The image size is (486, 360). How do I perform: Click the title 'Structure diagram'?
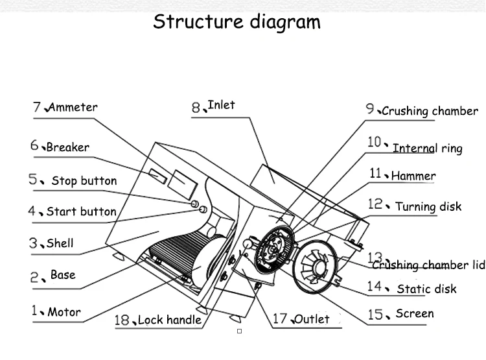(237, 21)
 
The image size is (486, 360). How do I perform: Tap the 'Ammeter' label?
(73, 108)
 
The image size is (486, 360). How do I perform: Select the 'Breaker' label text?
(68, 147)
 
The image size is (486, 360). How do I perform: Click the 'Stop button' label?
(84, 180)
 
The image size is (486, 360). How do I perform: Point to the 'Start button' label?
(81, 211)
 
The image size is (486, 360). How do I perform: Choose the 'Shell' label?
(60, 243)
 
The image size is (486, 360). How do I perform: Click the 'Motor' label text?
(64, 312)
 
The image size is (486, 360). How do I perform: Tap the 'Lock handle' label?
(170, 320)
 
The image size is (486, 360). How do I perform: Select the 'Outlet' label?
(312, 318)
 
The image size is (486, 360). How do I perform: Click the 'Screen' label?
(415, 313)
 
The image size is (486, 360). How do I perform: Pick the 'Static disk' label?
(426, 289)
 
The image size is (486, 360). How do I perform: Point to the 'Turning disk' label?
(428, 207)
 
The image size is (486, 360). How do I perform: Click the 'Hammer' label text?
(413, 176)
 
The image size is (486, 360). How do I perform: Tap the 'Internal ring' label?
(428, 149)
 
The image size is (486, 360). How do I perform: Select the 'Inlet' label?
(222, 105)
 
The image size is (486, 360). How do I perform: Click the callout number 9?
(370, 108)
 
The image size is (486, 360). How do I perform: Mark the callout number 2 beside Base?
(34, 277)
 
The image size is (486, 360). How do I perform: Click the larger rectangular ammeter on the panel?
(183, 185)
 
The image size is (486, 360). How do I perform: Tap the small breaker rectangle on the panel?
(157, 176)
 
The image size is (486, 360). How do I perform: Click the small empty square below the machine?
(239, 331)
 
